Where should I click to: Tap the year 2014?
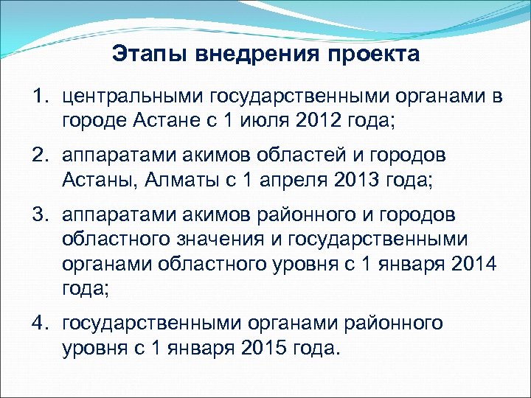pyautogui.click(x=476, y=263)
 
